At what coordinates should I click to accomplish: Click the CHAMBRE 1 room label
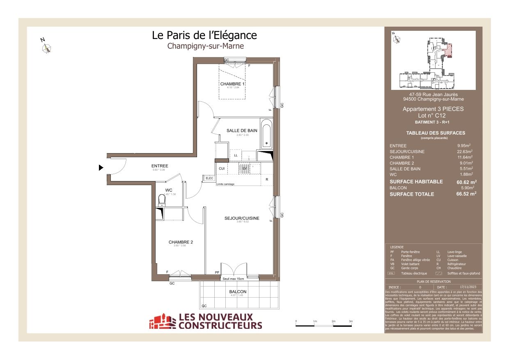232,84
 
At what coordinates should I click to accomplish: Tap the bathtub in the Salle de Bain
266,134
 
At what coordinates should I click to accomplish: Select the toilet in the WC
161,199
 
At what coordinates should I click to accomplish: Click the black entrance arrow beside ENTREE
101,167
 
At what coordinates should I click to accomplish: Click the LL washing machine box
236,155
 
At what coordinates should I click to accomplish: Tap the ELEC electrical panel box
209,178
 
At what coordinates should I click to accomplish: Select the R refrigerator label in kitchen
267,179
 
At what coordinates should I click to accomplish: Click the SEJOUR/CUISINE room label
242,218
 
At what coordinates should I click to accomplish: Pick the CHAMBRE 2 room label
181,242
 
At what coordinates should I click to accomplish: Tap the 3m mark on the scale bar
351,321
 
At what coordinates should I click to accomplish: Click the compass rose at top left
47,48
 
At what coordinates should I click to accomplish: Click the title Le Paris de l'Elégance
204,35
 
